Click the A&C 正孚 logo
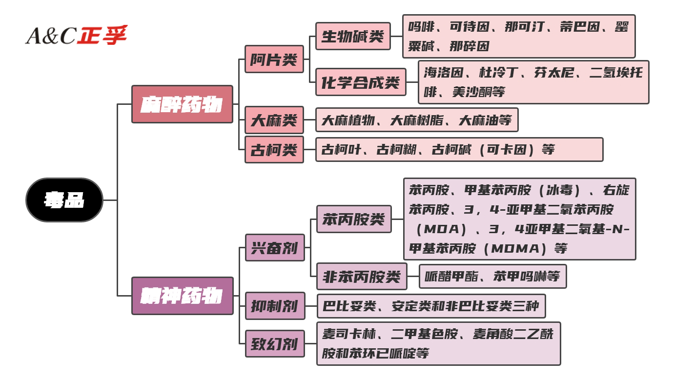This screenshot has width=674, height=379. pyautogui.click(x=76, y=35)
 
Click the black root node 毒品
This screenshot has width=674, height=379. pyautogui.click(x=64, y=200)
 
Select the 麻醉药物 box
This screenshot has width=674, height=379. pyautogui.click(x=182, y=104)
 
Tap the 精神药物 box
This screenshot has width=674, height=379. pyautogui.click(x=182, y=296)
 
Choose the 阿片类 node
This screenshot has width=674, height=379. pyautogui.click(x=274, y=60)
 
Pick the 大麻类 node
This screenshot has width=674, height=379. pyautogui.click(x=274, y=120)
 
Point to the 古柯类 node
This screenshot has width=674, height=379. pyautogui.click(x=274, y=150)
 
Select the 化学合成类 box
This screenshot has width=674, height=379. pyautogui.click(x=361, y=82)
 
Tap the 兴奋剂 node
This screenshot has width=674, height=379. pyautogui.click(x=274, y=248)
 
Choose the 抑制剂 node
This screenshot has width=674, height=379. pyautogui.click(x=274, y=306)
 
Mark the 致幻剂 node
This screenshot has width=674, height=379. pyautogui.click(x=274, y=344)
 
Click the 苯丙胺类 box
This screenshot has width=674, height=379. pyautogui.click(x=354, y=219)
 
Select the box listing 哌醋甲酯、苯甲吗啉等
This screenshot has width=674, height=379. pyautogui.click(x=492, y=277)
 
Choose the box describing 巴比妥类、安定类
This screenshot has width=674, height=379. pyautogui.click(x=430, y=306)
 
